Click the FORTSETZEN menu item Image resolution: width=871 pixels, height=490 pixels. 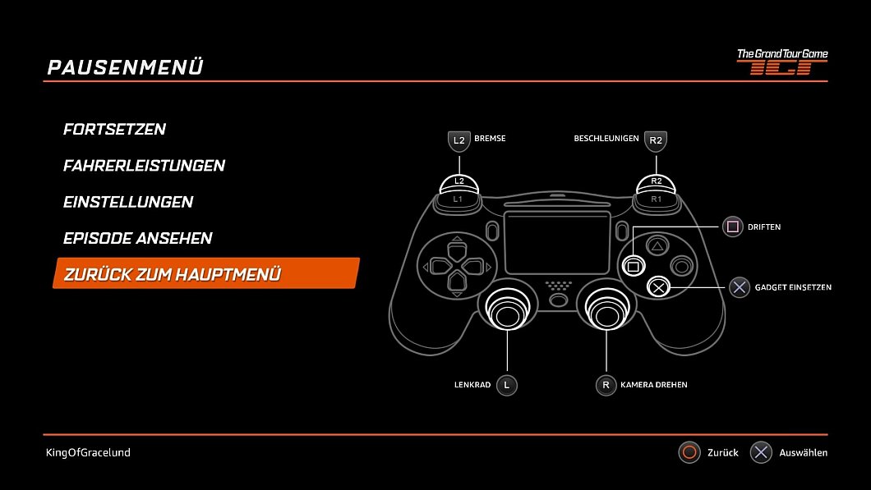click(x=114, y=130)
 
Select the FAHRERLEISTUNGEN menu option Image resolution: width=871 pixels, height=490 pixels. click(x=144, y=166)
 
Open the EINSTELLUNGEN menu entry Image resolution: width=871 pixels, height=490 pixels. click(x=128, y=202)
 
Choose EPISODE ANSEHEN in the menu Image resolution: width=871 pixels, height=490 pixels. click(x=137, y=238)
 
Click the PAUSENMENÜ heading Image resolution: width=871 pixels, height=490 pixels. click(x=125, y=67)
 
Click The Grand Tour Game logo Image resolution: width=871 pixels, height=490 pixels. click(x=781, y=62)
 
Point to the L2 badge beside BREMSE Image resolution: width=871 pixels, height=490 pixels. click(x=459, y=140)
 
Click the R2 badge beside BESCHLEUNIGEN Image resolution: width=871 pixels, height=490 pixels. click(x=655, y=140)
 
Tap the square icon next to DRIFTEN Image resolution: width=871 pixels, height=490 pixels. click(x=733, y=227)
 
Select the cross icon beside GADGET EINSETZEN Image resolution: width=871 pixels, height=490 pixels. click(x=740, y=287)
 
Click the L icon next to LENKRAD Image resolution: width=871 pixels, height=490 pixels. click(x=507, y=385)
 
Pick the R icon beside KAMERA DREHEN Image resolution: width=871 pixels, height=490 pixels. click(x=606, y=385)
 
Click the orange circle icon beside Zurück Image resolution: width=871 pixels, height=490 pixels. click(x=689, y=452)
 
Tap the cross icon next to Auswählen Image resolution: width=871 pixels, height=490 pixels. click(x=761, y=452)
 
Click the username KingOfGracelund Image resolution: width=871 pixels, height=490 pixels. click(x=88, y=452)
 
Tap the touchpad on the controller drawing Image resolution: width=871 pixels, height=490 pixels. click(x=557, y=243)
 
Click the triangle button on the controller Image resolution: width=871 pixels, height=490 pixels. click(x=657, y=245)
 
